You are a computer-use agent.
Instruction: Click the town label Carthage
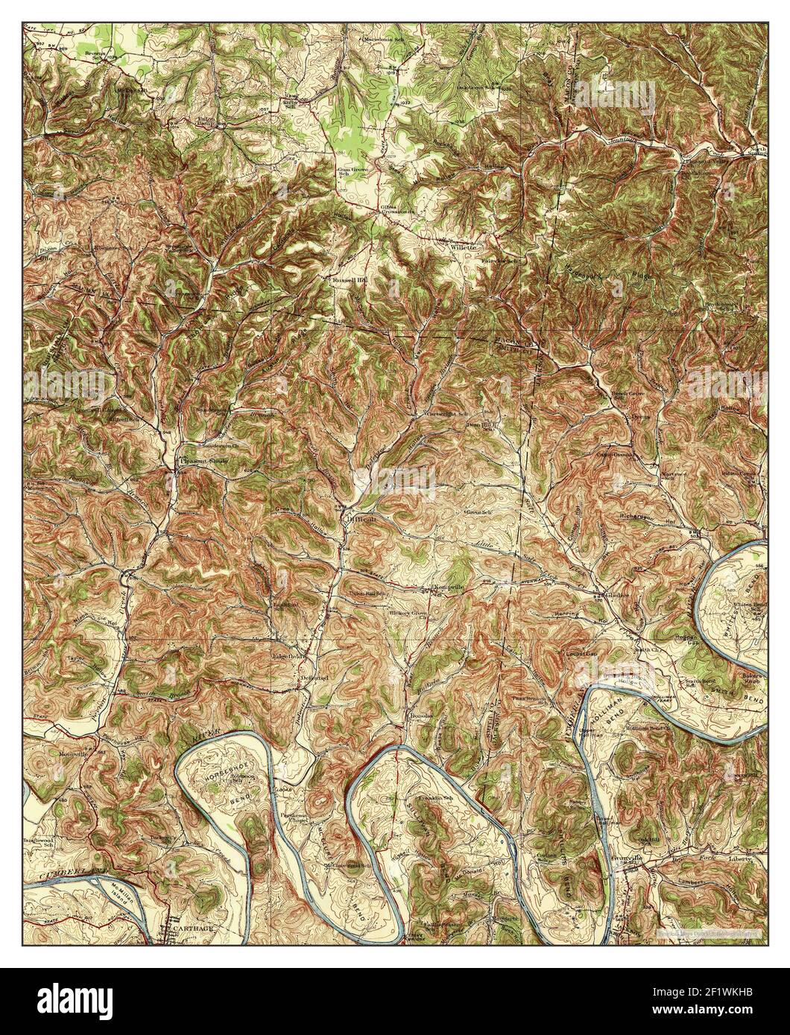(193, 930)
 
